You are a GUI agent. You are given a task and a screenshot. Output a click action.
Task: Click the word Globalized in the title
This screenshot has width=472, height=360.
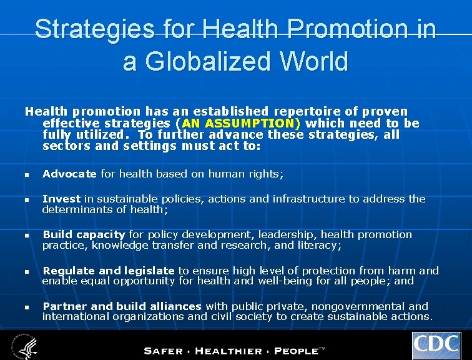[x=200, y=61]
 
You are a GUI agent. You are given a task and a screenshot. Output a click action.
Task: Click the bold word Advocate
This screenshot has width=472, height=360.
[x=69, y=174]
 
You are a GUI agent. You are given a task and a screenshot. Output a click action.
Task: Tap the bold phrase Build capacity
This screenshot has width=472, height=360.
[x=84, y=234]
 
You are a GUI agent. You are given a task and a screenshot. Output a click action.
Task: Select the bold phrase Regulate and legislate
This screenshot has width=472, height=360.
[x=109, y=271]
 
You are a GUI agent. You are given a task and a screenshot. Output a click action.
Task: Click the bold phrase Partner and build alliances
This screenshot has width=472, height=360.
[x=122, y=306]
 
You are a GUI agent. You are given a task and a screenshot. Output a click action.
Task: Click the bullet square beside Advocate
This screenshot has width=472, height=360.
[x=27, y=175]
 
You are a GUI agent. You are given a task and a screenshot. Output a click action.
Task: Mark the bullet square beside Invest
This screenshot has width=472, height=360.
[x=27, y=200]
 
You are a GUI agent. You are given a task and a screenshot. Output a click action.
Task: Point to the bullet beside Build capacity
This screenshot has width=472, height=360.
[x=27, y=236]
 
